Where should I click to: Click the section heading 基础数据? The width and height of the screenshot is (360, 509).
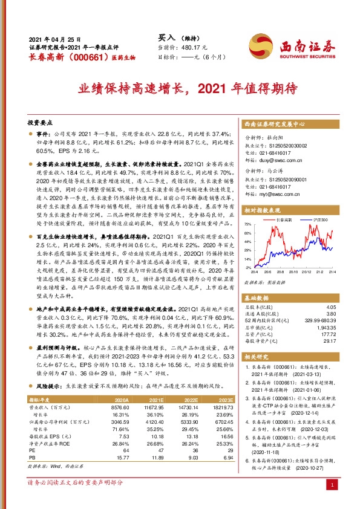258,299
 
